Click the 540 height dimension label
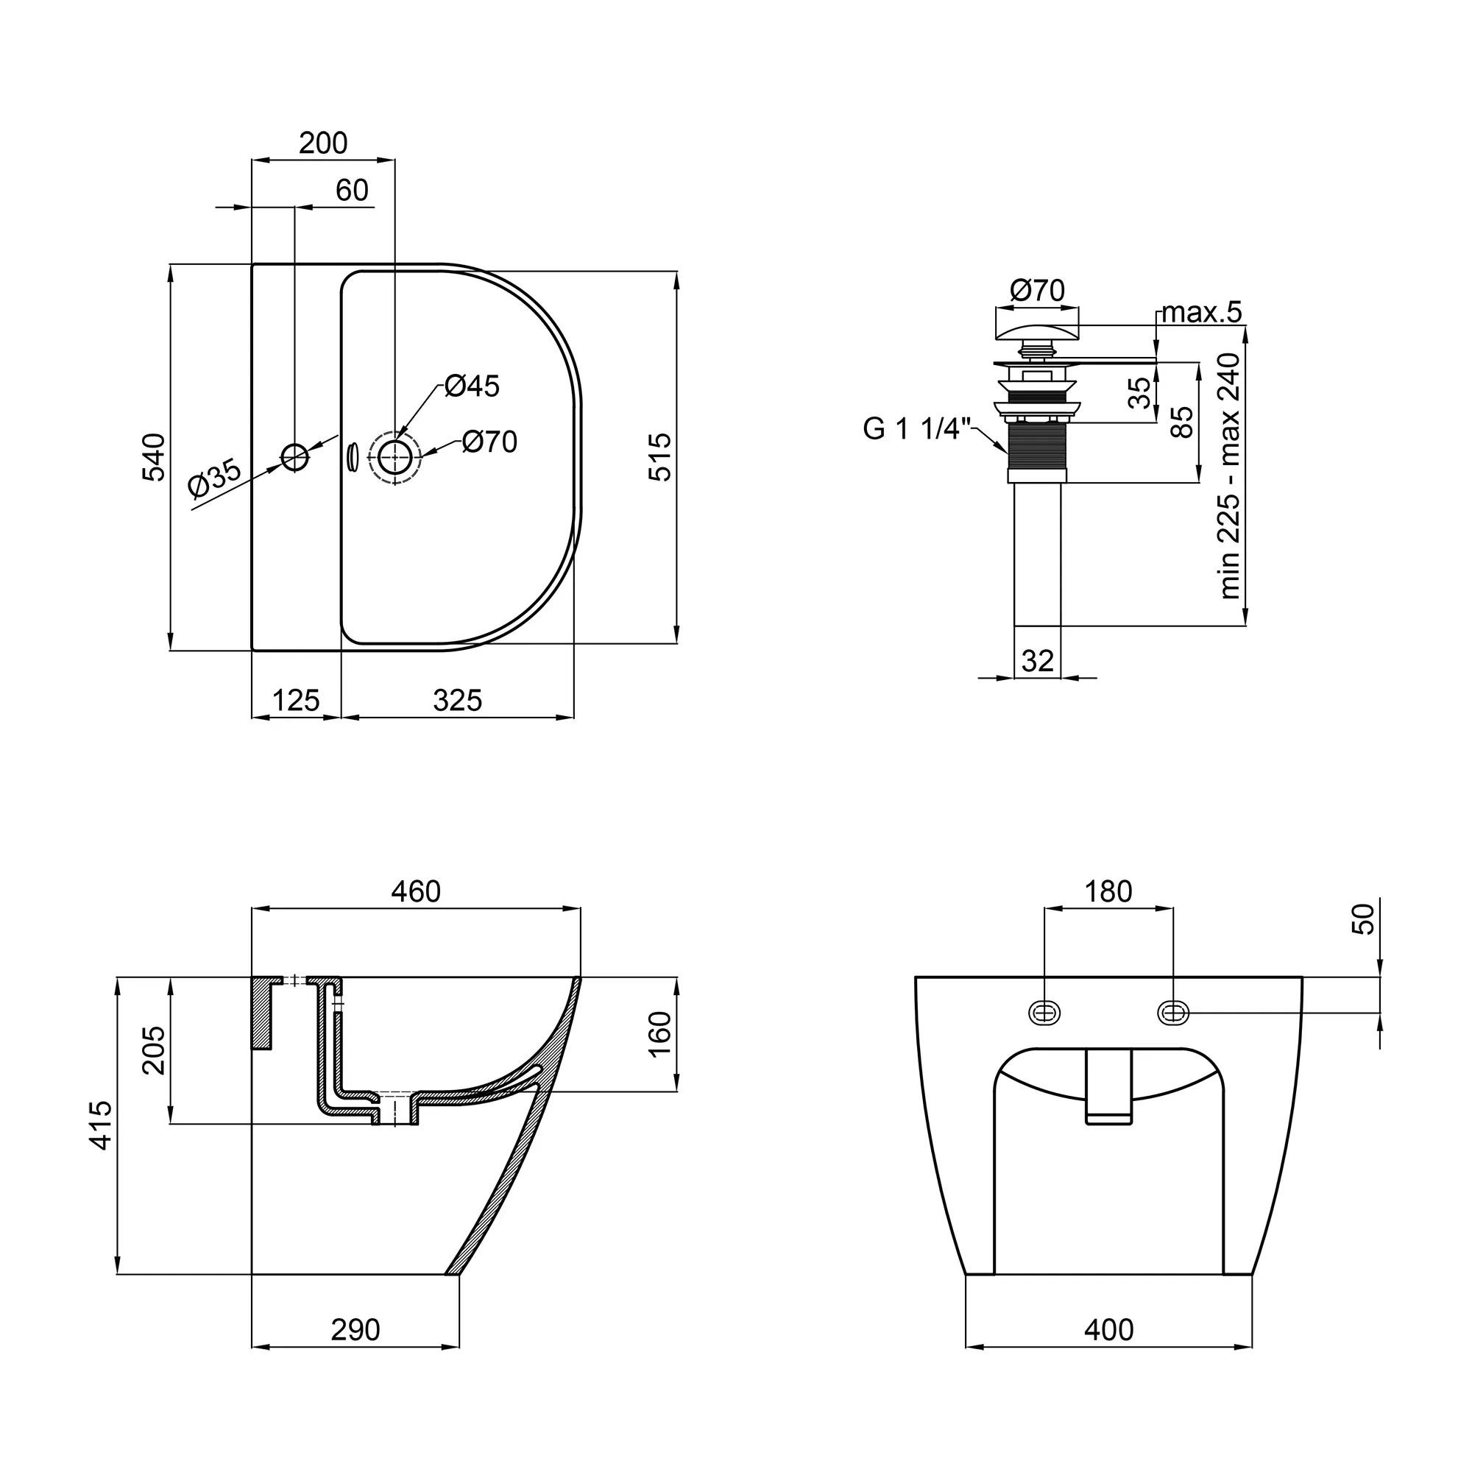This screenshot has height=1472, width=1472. coord(154,457)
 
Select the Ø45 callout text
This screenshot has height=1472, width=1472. coord(473,386)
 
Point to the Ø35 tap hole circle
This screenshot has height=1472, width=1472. coord(295,457)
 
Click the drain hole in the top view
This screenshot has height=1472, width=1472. coord(394,457)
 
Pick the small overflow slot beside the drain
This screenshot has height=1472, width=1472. coord(351,457)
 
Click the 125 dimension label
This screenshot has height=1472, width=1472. coord(296,700)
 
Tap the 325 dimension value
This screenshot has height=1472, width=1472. coord(457,700)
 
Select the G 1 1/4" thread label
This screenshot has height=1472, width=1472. coord(916,429)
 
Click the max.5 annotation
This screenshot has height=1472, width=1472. coord(1202,311)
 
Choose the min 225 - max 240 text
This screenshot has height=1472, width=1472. coord(1230,476)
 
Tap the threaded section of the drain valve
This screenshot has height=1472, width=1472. coord(1037,447)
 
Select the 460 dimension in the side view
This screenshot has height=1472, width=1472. coord(416,891)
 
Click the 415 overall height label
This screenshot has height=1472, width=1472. coord(101,1125)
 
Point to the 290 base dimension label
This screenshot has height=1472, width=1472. coord(355,1330)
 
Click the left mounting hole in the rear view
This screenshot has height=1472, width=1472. coord(1044,1013)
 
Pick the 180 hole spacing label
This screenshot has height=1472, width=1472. coord(1108,891)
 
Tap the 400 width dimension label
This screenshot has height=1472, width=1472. coord(1108,1330)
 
